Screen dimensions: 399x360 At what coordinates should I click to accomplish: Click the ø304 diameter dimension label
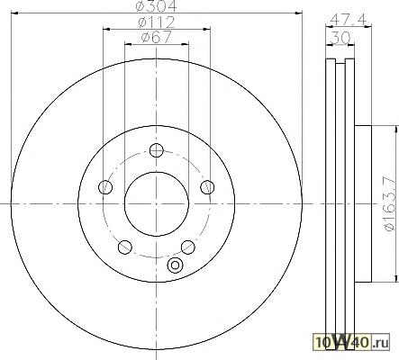pyautogui.click(x=156, y=5)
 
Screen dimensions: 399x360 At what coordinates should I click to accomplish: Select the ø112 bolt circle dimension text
pyautogui.click(x=156, y=22)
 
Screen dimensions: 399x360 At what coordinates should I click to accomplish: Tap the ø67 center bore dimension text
pyautogui.click(x=156, y=37)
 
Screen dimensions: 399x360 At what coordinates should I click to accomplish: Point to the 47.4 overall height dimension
pyautogui.click(x=349, y=20)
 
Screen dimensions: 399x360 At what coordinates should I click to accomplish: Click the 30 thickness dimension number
pyautogui.click(x=340, y=38)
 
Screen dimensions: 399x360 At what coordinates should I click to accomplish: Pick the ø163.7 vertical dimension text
pyautogui.click(x=390, y=203)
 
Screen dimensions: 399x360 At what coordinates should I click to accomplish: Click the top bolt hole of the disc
pyautogui.click(x=156, y=150)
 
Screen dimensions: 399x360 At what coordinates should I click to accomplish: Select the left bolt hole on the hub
pyautogui.click(x=105, y=187)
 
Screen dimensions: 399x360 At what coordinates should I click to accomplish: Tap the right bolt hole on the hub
pyautogui.click(x=207, y=187)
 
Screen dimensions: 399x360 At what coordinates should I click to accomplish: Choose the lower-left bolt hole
pyautogui.click(x=125, y=247)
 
